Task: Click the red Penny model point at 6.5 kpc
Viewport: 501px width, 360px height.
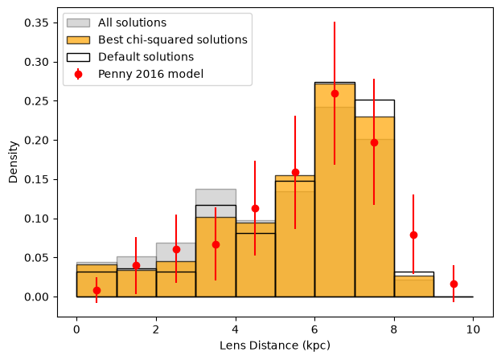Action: pyautogui.click(x=335, y=93)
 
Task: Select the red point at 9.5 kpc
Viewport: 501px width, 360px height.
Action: pyautogui.click(x=454, y=284)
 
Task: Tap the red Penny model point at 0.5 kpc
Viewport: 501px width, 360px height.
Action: pyautogui.click(x=97, y=290)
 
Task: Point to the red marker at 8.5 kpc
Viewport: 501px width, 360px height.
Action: pyautogui.click(x=413, y=235)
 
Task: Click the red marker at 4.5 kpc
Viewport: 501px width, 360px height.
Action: pyautogui.click(x=255, y=209)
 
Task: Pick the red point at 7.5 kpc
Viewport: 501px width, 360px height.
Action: pyautogui.click(x=374, y=143)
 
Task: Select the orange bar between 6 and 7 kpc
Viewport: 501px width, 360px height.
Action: pyautogui.click(x=335, y=190)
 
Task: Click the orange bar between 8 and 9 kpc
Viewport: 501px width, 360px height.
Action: pyautogui.click(x=414, y=287)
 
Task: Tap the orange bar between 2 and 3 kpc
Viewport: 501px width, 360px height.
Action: pyautogui.click(x=176, y=280)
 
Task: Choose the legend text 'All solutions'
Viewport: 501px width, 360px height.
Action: pyautogui.click(x=132, y=22)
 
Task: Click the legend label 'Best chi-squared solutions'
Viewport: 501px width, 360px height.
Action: pyautogui.click(x=173, y=39)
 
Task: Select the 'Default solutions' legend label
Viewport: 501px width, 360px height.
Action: pyautogui.click(x=146, y=57)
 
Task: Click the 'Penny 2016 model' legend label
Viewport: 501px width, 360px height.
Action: pyautogui.click(x=150, y=74)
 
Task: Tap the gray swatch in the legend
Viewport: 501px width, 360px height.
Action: pyautogui.click(x=78, y=22)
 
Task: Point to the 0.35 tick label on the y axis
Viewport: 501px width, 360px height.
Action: pyautogui.click(x=36, y=23)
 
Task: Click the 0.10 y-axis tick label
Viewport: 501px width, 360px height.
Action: pyautogui.click(x=36, y=219)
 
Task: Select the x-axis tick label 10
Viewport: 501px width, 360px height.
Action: pyautogui.click(x=473, y=329)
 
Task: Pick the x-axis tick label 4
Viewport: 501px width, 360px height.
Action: pyautogui.click(x=235, y=329)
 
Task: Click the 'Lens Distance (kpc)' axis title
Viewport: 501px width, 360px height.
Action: pyautogui.click(x=275, y=346)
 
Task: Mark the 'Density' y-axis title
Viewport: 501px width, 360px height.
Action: pyautogui.click(x=13, y=162)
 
